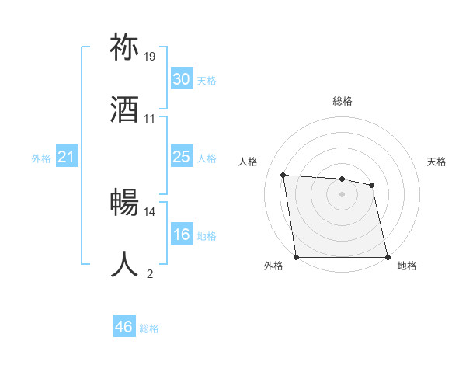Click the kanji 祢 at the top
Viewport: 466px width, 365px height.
click(125, 47)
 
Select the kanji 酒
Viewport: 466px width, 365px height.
click(125, 109)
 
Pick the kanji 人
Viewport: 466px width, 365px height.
click(125, 263)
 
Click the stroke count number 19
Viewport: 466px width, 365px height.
click(150, 57)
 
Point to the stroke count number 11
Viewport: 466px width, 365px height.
click(150, 119)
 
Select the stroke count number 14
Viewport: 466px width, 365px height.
click(150, 211)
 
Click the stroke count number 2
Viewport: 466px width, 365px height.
click(150, 273)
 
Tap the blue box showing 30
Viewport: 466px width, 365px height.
click(181, 79)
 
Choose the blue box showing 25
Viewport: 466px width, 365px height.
click(181, 157)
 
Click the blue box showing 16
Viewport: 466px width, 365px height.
click(181, 235)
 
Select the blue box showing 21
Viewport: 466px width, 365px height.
click(67, 158)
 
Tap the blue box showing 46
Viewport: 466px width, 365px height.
click(124, 327)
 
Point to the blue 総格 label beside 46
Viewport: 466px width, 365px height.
click(149, 328)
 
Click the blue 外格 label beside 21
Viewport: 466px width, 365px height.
click(41, 158)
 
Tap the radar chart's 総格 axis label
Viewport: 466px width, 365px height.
click(343, 102)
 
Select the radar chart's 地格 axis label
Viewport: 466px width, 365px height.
click(407, 266)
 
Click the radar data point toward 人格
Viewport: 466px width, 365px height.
click(283, 175)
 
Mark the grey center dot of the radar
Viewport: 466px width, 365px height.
click(343, 194)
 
